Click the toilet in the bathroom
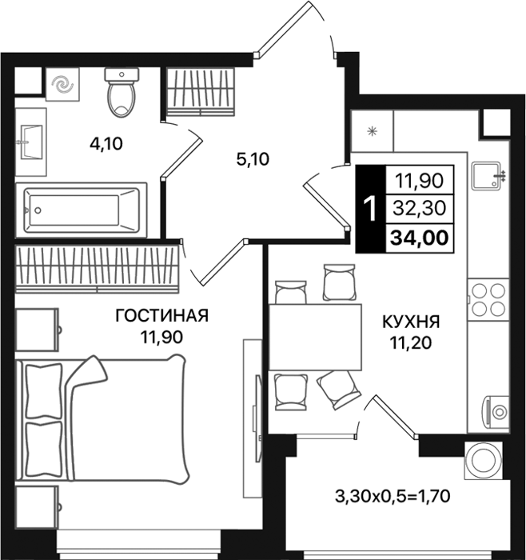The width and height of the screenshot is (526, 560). tap(122, 93)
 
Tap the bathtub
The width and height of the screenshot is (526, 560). tap(82, 210)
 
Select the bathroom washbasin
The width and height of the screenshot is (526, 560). tap(31, 142)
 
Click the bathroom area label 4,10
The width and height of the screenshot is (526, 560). tap(106, 143)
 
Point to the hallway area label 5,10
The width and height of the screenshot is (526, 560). tap(253, 159)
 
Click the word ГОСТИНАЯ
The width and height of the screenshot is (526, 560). tap(161, 316)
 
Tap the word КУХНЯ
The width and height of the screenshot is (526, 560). tap(411, 322)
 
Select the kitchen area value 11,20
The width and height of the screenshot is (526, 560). tap(411, 343)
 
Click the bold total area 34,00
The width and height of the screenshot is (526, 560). tap(420, 238)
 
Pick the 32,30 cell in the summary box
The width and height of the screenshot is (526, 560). tap(420, 208)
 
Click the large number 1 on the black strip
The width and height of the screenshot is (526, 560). tap(370, 209)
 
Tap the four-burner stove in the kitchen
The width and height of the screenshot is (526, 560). tap(488, 299)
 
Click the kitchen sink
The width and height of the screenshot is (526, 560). tap(488, 175)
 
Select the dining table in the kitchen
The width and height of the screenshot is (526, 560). tap(315, 337)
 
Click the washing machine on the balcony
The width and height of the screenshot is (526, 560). tap(484, 460)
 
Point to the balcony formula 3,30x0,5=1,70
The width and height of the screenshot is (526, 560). tap(393, 496)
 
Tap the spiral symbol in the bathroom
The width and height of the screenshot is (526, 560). tap(62, 85)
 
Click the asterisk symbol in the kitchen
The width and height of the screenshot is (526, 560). tap(373, 131)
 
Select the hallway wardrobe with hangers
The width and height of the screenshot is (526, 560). tap(201, 92)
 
